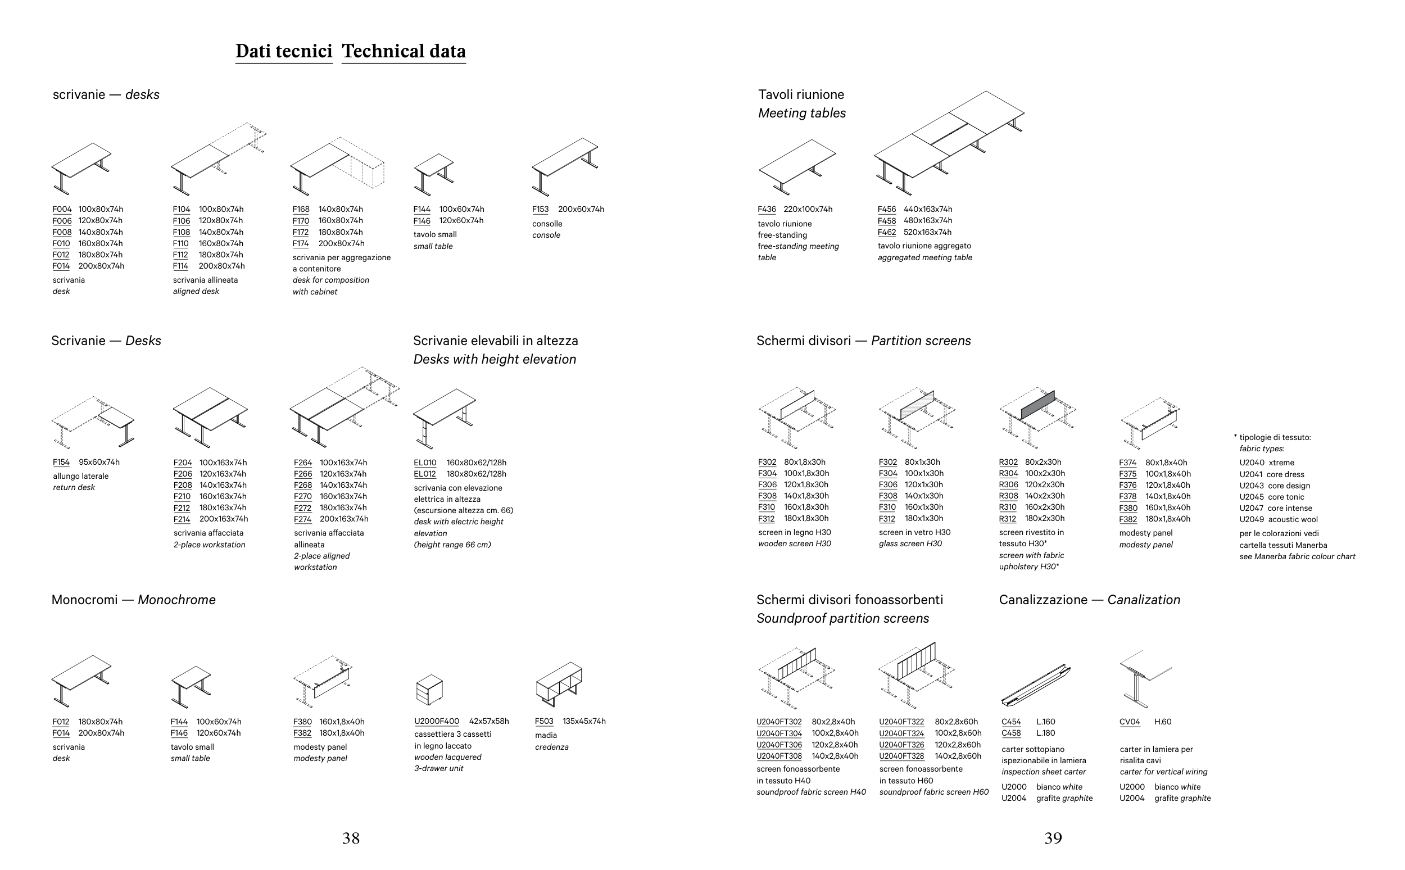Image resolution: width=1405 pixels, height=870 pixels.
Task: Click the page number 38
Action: coord(350,839)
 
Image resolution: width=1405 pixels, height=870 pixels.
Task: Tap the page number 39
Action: coord(1052,839)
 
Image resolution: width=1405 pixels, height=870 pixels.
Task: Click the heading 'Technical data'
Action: coord(404,51)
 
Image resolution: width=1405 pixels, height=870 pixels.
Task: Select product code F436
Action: coord(767,210)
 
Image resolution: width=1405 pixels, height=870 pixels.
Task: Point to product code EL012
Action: coord(425,474)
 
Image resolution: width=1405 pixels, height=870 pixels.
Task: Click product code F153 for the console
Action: coord(540,210)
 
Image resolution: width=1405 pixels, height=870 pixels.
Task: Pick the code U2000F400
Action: coord(437,722)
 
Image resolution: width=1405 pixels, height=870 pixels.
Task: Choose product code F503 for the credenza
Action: coord(543,722)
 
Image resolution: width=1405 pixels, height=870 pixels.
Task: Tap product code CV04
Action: coord(1130,722)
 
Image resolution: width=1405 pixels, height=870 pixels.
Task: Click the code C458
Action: coord(1011,733)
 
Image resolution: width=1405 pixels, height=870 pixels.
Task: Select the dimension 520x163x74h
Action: coord(927,233)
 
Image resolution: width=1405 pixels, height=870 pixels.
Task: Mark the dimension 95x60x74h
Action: coord(99,462)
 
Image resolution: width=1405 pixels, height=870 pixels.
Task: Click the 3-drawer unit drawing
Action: coord(429,690)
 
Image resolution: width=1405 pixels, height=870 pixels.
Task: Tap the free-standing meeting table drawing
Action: coord(797,166)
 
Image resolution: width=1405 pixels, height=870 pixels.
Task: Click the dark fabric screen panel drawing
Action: coord(1037,406)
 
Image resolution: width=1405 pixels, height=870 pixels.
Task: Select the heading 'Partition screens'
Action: coord(921,341)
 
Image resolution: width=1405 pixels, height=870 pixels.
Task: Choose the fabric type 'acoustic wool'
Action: coord(1293,519)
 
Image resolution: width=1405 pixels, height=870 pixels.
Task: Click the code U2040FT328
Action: coord(901,756)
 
